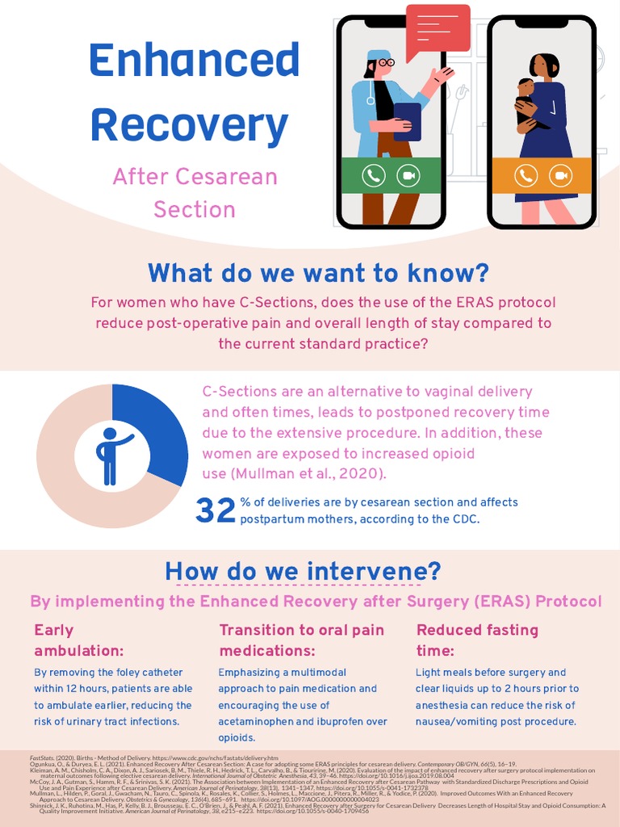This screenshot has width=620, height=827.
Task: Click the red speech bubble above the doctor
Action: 438,29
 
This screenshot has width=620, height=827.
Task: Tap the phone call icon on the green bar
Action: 374,175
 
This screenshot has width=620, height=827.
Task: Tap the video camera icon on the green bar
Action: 408,175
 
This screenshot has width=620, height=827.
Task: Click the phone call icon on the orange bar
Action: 526,175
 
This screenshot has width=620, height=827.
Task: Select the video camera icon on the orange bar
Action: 560,175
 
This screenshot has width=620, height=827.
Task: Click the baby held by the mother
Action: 526,101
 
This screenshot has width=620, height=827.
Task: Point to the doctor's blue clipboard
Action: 408,121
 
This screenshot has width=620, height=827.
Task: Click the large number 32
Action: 216,510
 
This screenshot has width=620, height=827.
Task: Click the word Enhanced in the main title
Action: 194,60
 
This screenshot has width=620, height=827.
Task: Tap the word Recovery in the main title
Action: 189,124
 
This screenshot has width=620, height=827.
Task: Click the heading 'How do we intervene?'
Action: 303,571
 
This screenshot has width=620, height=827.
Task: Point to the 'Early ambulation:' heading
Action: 78,640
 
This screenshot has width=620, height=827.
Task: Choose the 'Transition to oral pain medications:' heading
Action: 301,640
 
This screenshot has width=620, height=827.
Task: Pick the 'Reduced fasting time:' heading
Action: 477,640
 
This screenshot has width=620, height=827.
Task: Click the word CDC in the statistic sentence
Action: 466,518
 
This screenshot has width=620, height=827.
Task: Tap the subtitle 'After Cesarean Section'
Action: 195,192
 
